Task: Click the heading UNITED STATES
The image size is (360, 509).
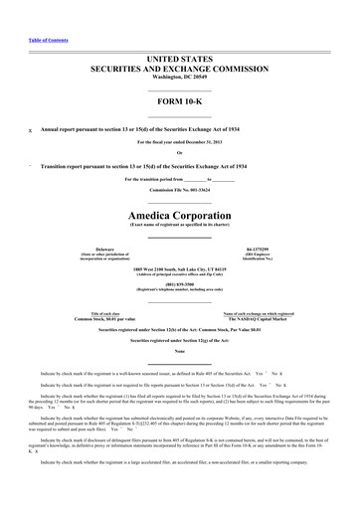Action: tap(179, 61)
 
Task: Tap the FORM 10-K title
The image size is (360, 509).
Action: tap(179, 104)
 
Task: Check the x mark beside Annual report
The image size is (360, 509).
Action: tap(30, 129)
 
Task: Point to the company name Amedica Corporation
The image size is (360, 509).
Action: tap(179, 215)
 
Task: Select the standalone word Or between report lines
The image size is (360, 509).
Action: tap(179, 152)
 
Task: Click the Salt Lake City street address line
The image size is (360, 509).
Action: tap(179, 270)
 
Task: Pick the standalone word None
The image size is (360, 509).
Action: tap(179, 350)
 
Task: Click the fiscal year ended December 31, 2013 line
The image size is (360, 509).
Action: tap(179, 142)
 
